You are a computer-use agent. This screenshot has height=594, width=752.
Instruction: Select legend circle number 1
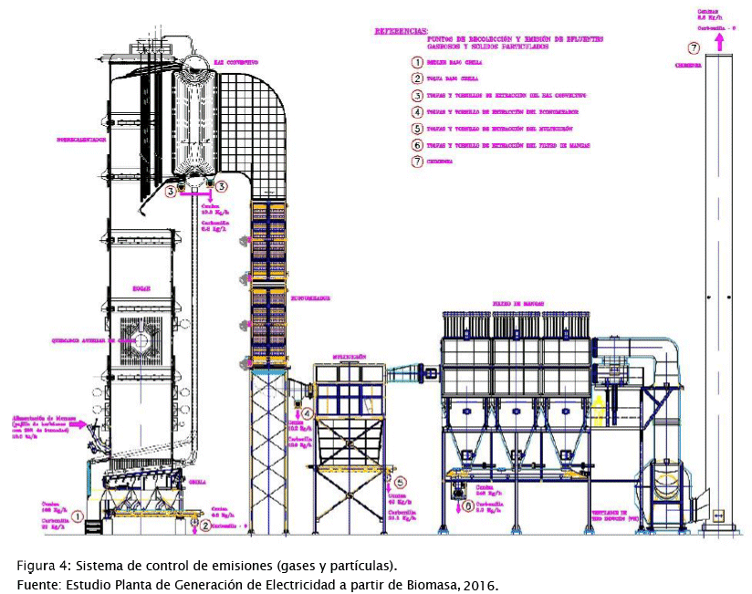pyautogui.click(x=417, y=62)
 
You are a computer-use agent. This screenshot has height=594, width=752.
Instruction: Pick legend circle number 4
pyautogui.click(x=417, y=112)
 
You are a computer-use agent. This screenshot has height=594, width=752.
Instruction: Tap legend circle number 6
pyautogui.click(x=417, y=145)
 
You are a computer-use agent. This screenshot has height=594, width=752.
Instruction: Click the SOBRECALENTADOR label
pyautogui.click(x=83, y=141)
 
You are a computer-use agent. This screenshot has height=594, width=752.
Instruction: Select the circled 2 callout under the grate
pyautogui.click(x=206, y=525)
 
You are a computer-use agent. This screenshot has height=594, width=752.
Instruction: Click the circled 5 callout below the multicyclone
pyautogui.click(x=401, y=482)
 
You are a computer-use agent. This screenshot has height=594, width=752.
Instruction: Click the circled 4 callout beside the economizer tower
pyautogui.click(x=308, y=413)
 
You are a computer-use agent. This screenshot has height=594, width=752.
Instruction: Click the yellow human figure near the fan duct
pyautogui.click(x=600, y=404)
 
